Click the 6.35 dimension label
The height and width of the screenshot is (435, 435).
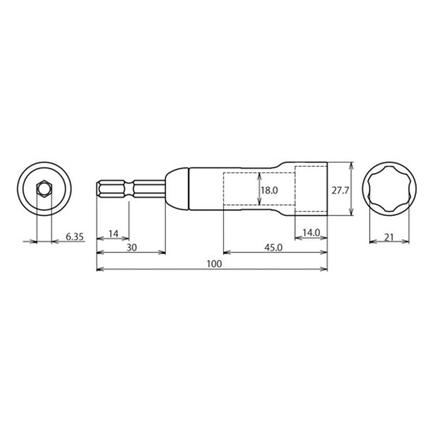click(x=75, y=236)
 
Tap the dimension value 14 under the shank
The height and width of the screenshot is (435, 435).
click(x=113, y=234)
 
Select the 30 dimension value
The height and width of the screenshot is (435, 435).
click(x=132, y=248)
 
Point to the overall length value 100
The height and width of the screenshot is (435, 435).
click(x=214, y=264)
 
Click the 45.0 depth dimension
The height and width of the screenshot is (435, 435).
click(x=273, y=248)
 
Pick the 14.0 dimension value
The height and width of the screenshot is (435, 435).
click(x=311, y=233)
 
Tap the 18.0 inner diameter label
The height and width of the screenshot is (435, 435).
click(x=270, y=190)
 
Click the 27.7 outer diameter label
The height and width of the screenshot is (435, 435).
click(x=340, y=191)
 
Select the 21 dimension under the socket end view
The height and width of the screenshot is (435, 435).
click(x=389, y=237)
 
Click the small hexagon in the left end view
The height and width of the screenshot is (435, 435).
click(x=44, y=189)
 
